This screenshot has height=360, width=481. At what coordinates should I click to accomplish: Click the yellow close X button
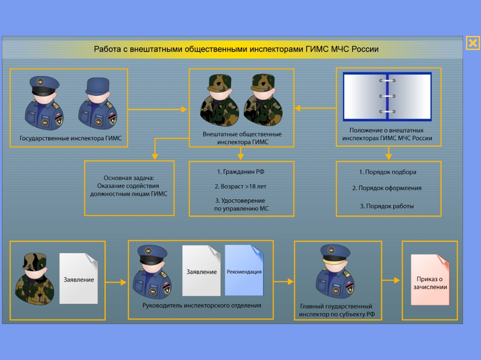point(472,43)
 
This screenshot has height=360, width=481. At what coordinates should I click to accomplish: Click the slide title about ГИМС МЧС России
point(236,49)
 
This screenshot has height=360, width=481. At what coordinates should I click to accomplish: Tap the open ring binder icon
point(387,96)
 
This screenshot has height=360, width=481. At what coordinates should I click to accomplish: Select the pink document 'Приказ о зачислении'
point(430,280)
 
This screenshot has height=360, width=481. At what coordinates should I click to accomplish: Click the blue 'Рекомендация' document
point(244,270)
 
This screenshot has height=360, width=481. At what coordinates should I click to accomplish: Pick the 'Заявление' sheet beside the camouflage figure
point(78,278)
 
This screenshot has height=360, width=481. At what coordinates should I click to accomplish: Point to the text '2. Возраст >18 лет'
point(240,187)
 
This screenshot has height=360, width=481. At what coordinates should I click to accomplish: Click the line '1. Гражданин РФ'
point(240,171)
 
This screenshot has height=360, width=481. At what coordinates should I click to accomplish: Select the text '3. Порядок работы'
point(387,206)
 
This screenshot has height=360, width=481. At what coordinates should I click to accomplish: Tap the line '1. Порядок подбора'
point(388,172)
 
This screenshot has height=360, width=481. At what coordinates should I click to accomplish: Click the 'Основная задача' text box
point(129,188)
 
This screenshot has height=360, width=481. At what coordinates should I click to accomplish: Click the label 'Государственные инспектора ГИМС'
point(70,138)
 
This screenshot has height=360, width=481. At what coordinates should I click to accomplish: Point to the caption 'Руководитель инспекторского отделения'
point(202,305)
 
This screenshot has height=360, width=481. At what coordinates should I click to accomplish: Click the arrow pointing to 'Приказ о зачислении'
point(391,280)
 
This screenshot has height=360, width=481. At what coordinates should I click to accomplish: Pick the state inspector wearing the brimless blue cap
point(98,103)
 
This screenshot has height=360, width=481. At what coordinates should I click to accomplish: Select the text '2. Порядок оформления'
point(387,188)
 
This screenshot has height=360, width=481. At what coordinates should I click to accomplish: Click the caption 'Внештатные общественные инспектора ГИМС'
point(242,138)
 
